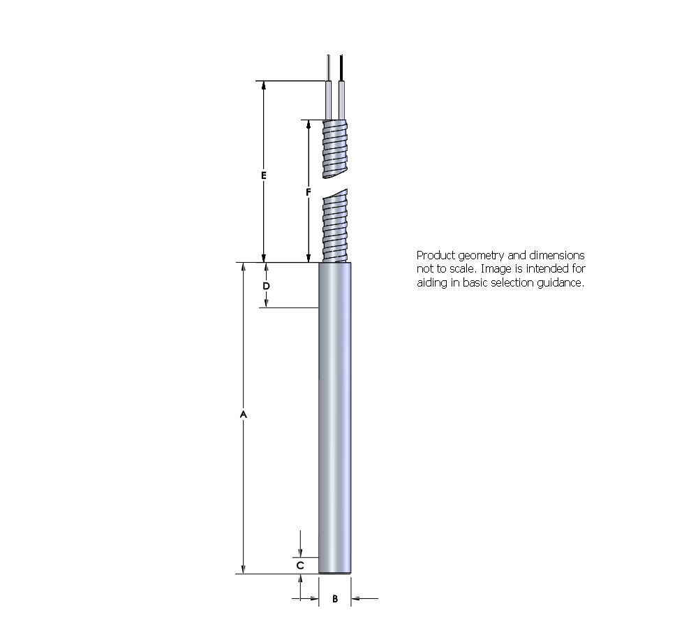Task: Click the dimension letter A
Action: pos(243,414)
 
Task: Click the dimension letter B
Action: pos(335,599)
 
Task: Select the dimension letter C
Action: pos(299,565)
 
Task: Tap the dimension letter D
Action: pos(266,287)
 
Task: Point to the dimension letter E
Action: pos(263,175)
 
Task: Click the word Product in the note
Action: pos(434,256)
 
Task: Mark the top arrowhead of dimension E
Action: pos(263,86)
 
